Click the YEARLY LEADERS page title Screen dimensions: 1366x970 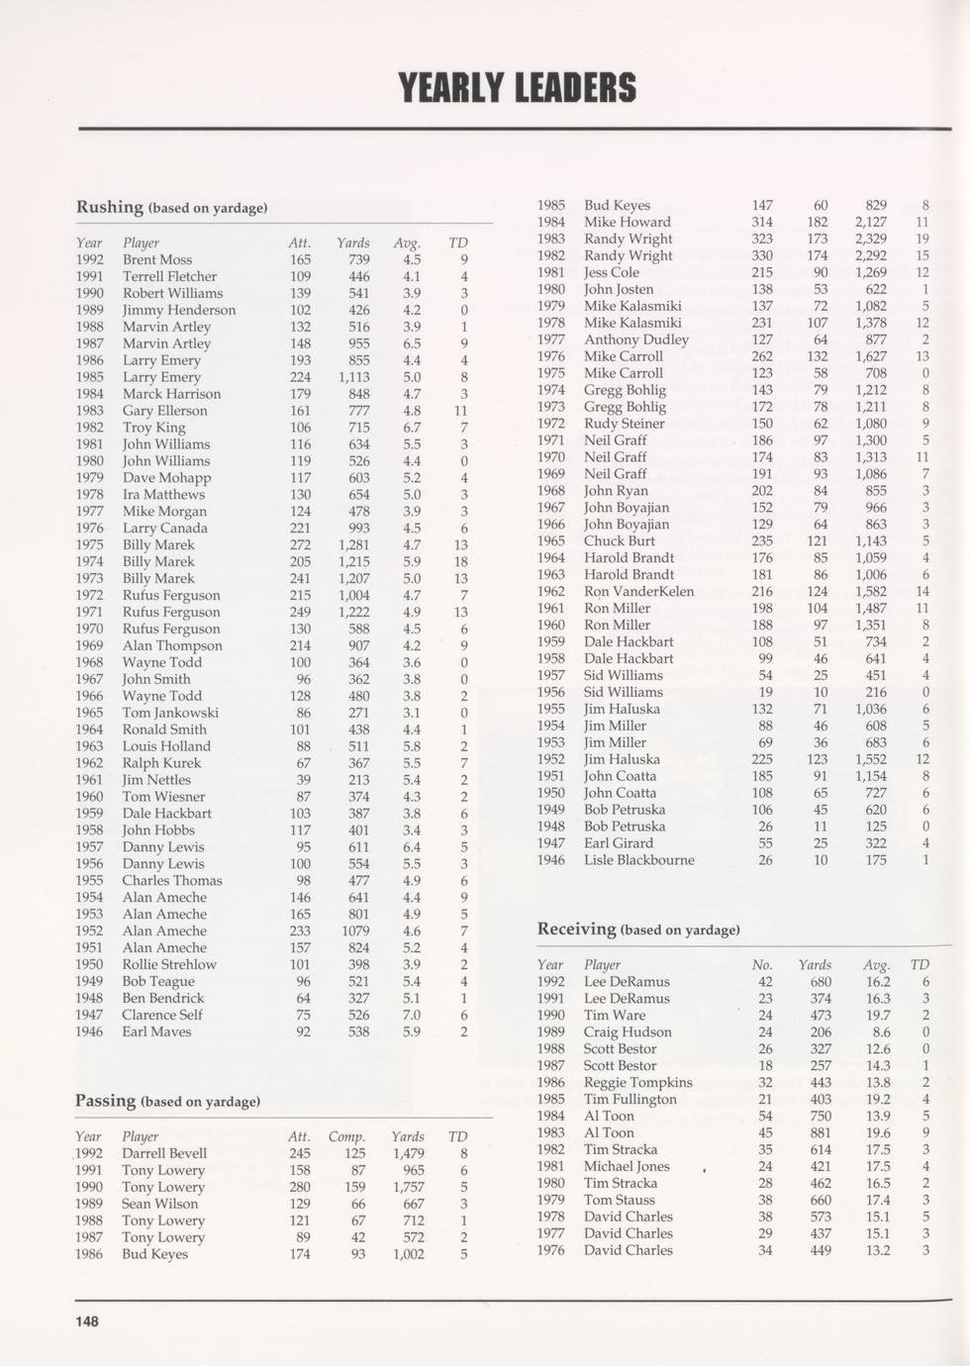(517, 88)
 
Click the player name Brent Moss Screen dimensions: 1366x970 (157, 259)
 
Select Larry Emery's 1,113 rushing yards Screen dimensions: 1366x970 (353, 377)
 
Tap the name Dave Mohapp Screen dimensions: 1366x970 (166, 478)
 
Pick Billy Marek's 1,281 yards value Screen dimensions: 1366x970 (353, 544)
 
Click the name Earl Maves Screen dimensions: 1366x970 (156, 1031)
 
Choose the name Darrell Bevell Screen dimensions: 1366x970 (164, 1153)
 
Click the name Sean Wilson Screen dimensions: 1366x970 (159, 1204)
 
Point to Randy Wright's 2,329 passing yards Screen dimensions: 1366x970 (870, 239)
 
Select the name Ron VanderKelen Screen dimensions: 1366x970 (638, 592)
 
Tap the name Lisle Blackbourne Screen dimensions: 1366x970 (638, 860)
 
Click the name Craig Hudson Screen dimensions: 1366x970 (628, 1032)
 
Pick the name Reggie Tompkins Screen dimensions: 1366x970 (637, 1083)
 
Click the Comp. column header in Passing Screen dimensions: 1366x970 (346, 1136)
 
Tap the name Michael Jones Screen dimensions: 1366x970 (627, 1167)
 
